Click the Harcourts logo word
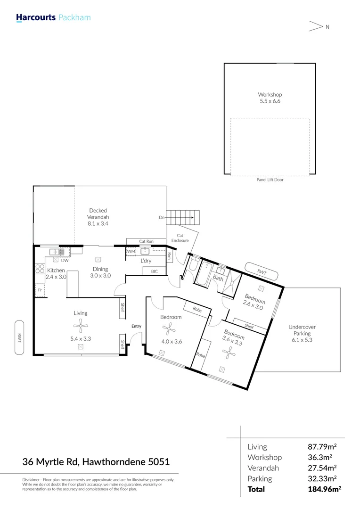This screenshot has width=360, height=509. click(36, 17)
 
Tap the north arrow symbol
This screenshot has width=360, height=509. click(316, 26)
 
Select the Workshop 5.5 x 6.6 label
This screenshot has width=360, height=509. click(270, 98)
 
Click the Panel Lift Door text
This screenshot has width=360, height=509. click(270, 180)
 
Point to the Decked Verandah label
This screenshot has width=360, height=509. click(98, 217)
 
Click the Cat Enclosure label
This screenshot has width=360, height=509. click(180, 238)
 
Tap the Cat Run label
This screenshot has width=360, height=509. click(146, 241)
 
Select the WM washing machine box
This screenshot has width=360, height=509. click(131, 251)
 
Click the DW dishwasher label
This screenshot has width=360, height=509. click(65, 260)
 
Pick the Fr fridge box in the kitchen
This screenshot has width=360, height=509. click(40, 290)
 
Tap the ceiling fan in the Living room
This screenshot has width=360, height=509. click(81, 326)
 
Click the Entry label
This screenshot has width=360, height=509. click(136, 326)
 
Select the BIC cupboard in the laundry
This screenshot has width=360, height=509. click(155, 271)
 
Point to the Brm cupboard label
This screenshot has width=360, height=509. click(169, 257)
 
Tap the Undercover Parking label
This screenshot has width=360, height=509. click(302, 333)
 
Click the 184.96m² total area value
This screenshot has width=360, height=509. click(324, 489)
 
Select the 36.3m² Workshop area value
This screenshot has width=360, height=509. click(320, 457)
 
